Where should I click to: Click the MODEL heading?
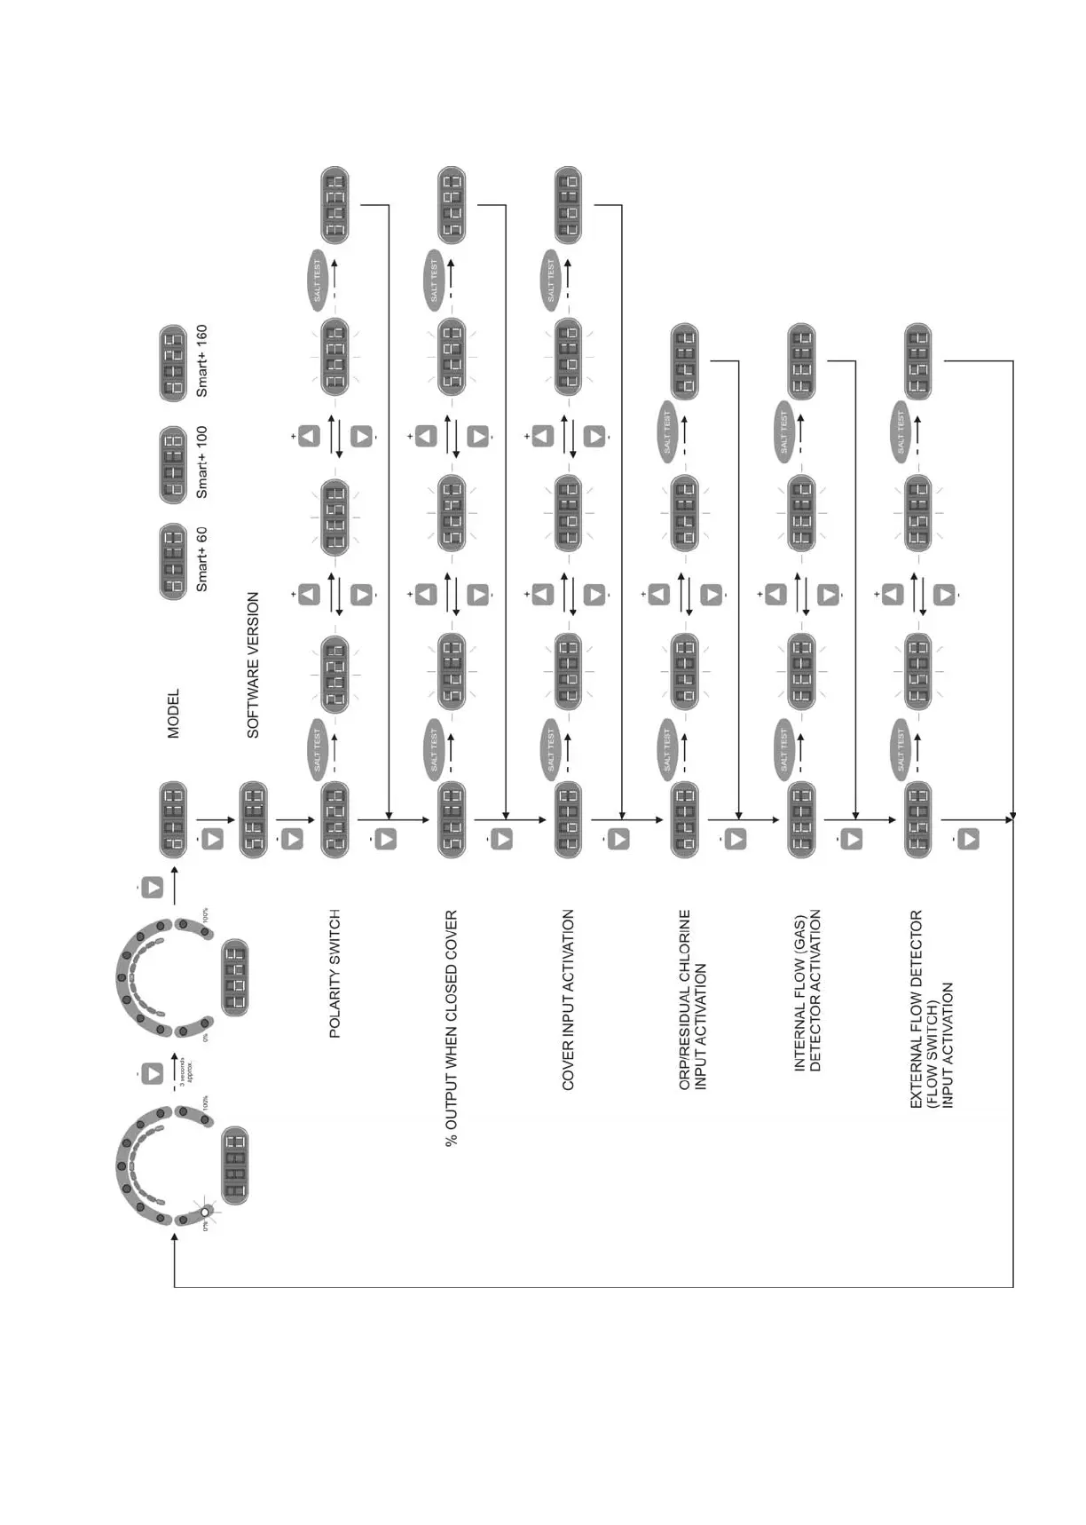pyautogui.click(x=173, y=713)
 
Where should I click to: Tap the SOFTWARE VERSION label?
pyautogui.click(x=253, y=665)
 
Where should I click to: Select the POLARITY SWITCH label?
pyautogui.click(x=334, y=973)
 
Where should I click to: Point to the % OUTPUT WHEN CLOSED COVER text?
pyautogui.click(x=452, y=1028)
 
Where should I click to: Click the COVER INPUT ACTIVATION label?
pyautogui.click(x=568, y=1000)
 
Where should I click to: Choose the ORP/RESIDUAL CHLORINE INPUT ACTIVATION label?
pyautogui.click(x=692, y=1000)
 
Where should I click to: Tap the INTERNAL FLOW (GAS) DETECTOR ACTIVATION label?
pyautogui.click(x=807, y=990)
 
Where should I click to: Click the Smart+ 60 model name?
pyautogui.click(x=201, y=559)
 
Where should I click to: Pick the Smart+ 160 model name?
pyautogui.click(x=201, y=360)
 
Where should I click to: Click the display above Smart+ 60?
pyautogui.click(x=173, y=561)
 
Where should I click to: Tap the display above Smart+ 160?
pyautogui.click(x=173, y=362)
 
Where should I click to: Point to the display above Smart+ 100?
pyautogui.click(x=173, y=463)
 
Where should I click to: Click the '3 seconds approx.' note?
pyautogui.click(x=185, y=1071)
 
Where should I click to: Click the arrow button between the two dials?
pyautogui.click(x=153, y=1072)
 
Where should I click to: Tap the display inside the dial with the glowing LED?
pyautogui.click(x=234, y=1165)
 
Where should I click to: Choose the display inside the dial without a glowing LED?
pyautogui.click(x=234, y=976)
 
